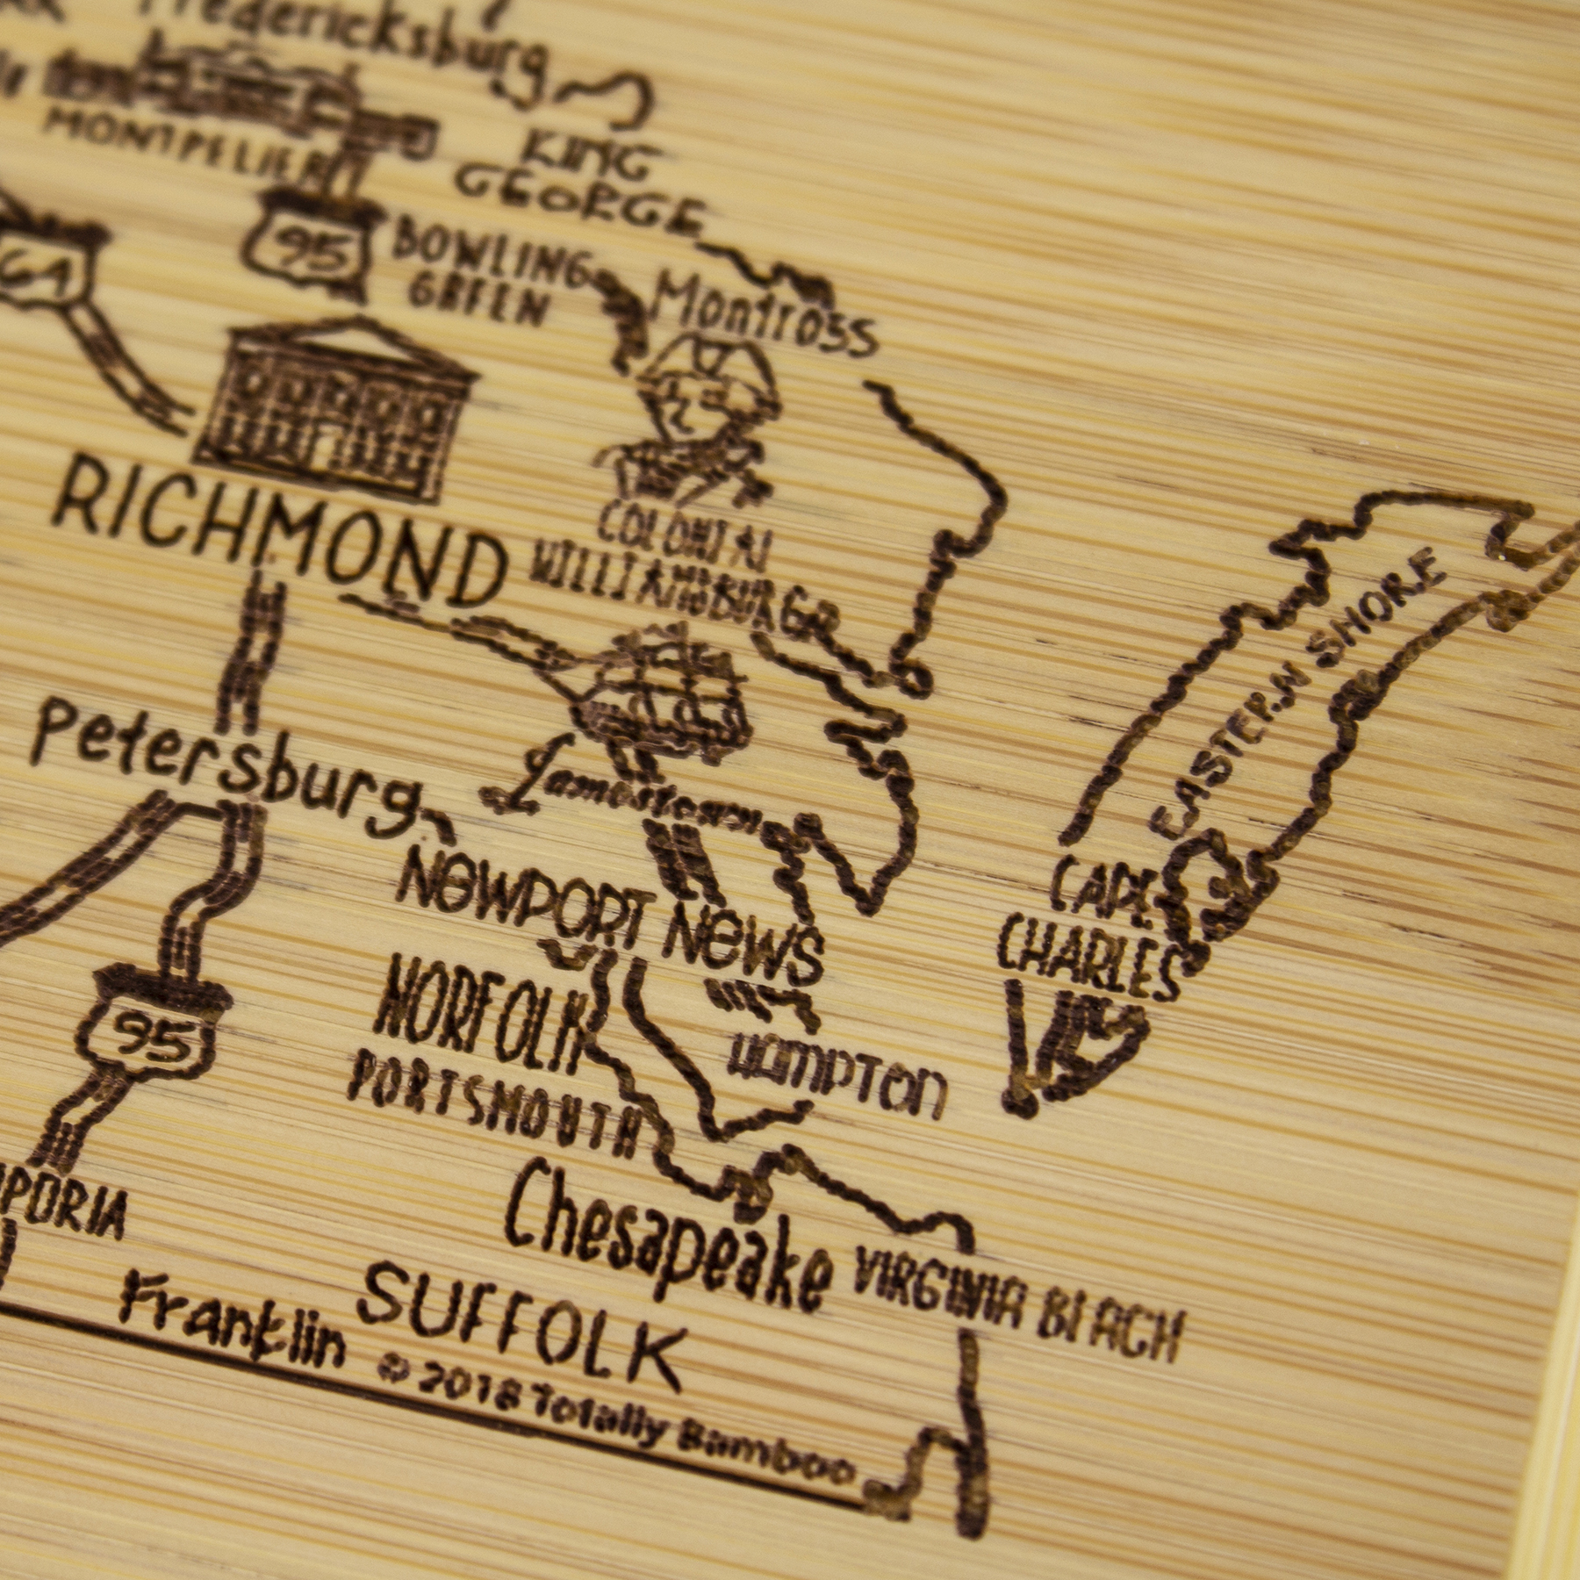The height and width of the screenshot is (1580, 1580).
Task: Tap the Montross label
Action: tap(764, 320)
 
